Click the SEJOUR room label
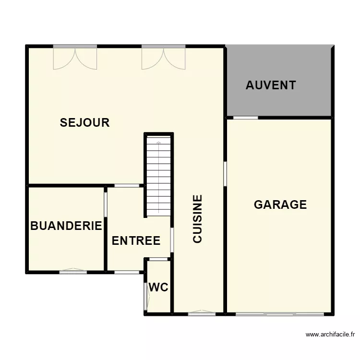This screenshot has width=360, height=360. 84,122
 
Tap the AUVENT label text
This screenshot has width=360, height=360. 271,85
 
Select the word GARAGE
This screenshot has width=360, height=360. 280,204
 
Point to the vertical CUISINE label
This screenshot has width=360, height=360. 197,219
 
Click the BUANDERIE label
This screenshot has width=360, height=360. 66,226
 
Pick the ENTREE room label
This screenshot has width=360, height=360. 136,240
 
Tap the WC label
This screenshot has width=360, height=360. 158,288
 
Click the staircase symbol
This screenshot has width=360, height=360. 158,176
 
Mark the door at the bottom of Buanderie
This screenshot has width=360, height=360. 73,271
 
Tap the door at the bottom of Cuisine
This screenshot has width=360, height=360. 202,313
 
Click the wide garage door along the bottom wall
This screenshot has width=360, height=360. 280,314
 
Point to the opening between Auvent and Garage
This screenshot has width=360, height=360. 245,118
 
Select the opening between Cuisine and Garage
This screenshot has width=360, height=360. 225,174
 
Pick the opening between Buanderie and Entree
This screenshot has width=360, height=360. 106,205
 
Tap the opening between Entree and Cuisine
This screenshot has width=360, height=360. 172,240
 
